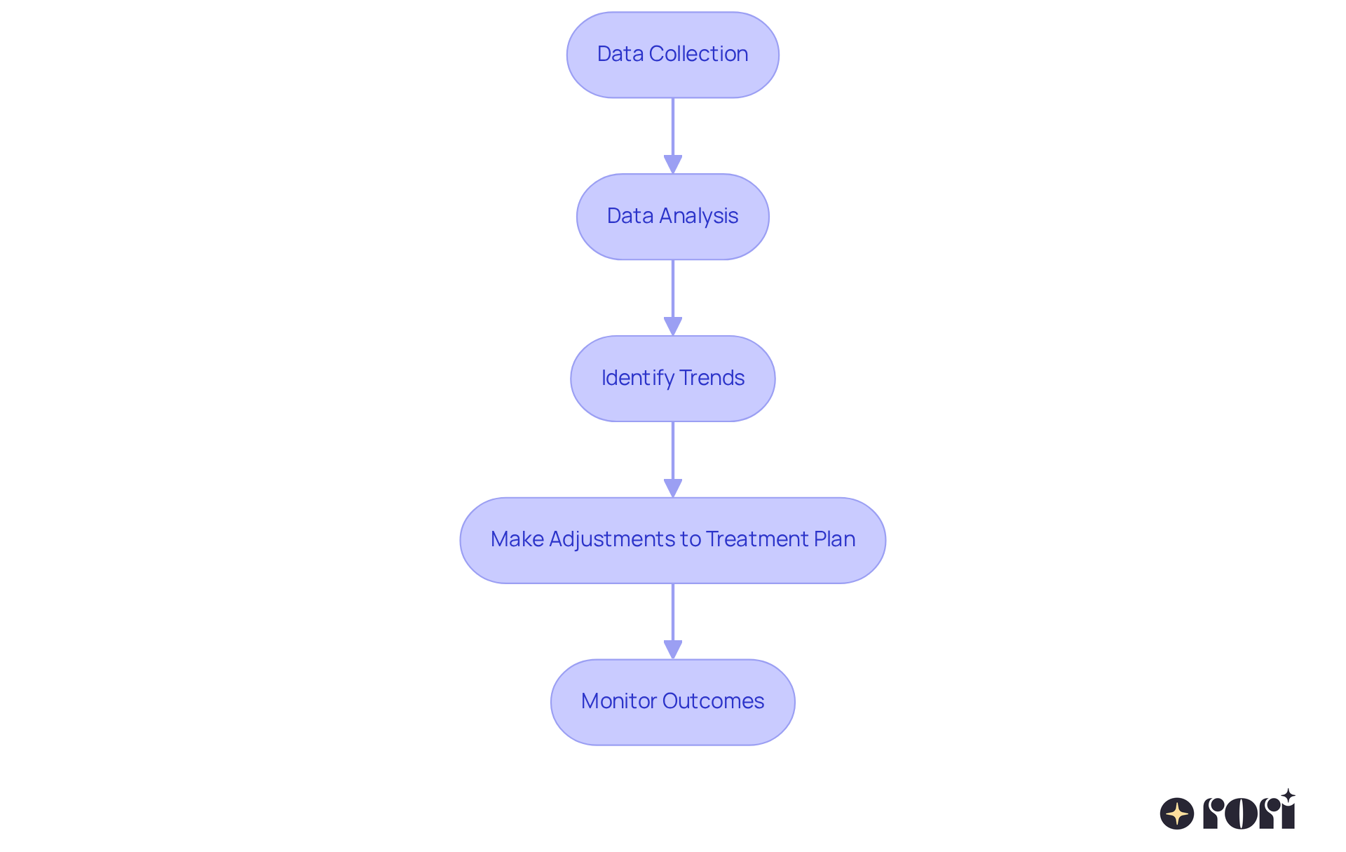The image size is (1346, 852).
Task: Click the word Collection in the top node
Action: (698, 54)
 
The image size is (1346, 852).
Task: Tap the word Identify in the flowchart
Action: (637, 378)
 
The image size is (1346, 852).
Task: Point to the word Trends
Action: (712, 378)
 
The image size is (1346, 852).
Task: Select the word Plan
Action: (834, 539)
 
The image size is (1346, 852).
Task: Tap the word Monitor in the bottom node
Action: (618, 701)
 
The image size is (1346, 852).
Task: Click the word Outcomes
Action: (713, 701)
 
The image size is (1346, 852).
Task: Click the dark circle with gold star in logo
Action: (1177, 813)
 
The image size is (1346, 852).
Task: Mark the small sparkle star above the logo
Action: (1288, 796)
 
